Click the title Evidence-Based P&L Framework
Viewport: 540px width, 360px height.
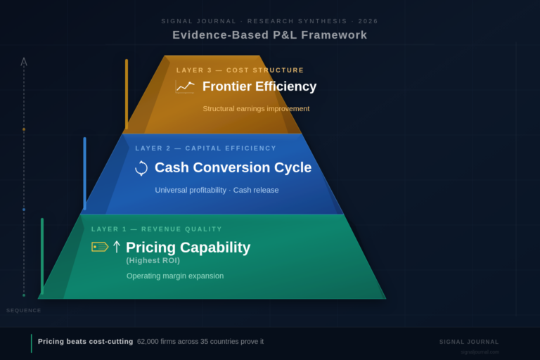tap(270, 35)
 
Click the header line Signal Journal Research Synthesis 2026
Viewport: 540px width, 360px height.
tap(270, 21)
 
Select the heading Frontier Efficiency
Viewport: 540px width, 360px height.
tap(259, 86)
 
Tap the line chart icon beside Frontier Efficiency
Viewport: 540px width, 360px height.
tap(185, 86)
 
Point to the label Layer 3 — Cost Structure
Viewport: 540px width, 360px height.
tap(240, 70)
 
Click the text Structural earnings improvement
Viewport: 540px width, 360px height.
tap(256, 109)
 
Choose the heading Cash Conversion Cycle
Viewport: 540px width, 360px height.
tap(233, 168)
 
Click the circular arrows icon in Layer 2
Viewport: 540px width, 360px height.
tap(141, 168)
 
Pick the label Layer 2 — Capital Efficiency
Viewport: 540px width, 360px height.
tap(205, 148)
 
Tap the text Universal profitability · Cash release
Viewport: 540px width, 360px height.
tap(217, 191)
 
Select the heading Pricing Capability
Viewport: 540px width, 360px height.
tap(188, 247)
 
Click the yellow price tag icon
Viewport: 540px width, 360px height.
tap(100, 247)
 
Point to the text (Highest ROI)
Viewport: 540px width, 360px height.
tap(153, 260)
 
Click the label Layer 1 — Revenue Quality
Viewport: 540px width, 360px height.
tap(157, 229)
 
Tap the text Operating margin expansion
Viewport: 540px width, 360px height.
tap(175, 276)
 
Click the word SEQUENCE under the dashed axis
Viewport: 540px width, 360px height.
tap(24, 310)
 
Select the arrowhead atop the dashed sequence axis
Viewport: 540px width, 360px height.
tap(24, 62)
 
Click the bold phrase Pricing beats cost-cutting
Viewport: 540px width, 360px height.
tap(85, 342)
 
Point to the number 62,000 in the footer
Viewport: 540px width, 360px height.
tap(150, 342)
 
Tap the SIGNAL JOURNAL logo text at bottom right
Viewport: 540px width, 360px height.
tap(469, 342)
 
